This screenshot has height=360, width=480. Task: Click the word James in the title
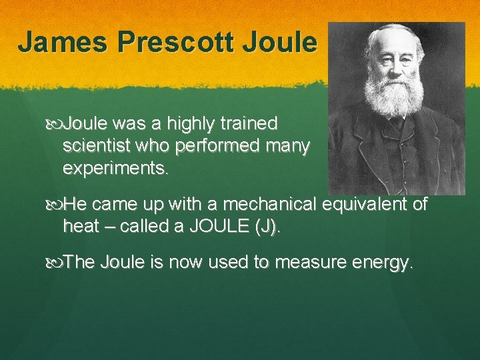click(63, 41)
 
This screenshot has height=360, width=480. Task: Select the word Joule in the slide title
click(281, 41)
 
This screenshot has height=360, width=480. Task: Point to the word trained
click(252, 124)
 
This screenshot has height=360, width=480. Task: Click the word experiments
click(115, 169)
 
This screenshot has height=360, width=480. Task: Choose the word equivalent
click(367, 204)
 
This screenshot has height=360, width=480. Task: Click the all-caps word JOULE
click(219, 227)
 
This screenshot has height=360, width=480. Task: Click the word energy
click(387, 263)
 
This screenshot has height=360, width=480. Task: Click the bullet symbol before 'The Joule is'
click(56, 263)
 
